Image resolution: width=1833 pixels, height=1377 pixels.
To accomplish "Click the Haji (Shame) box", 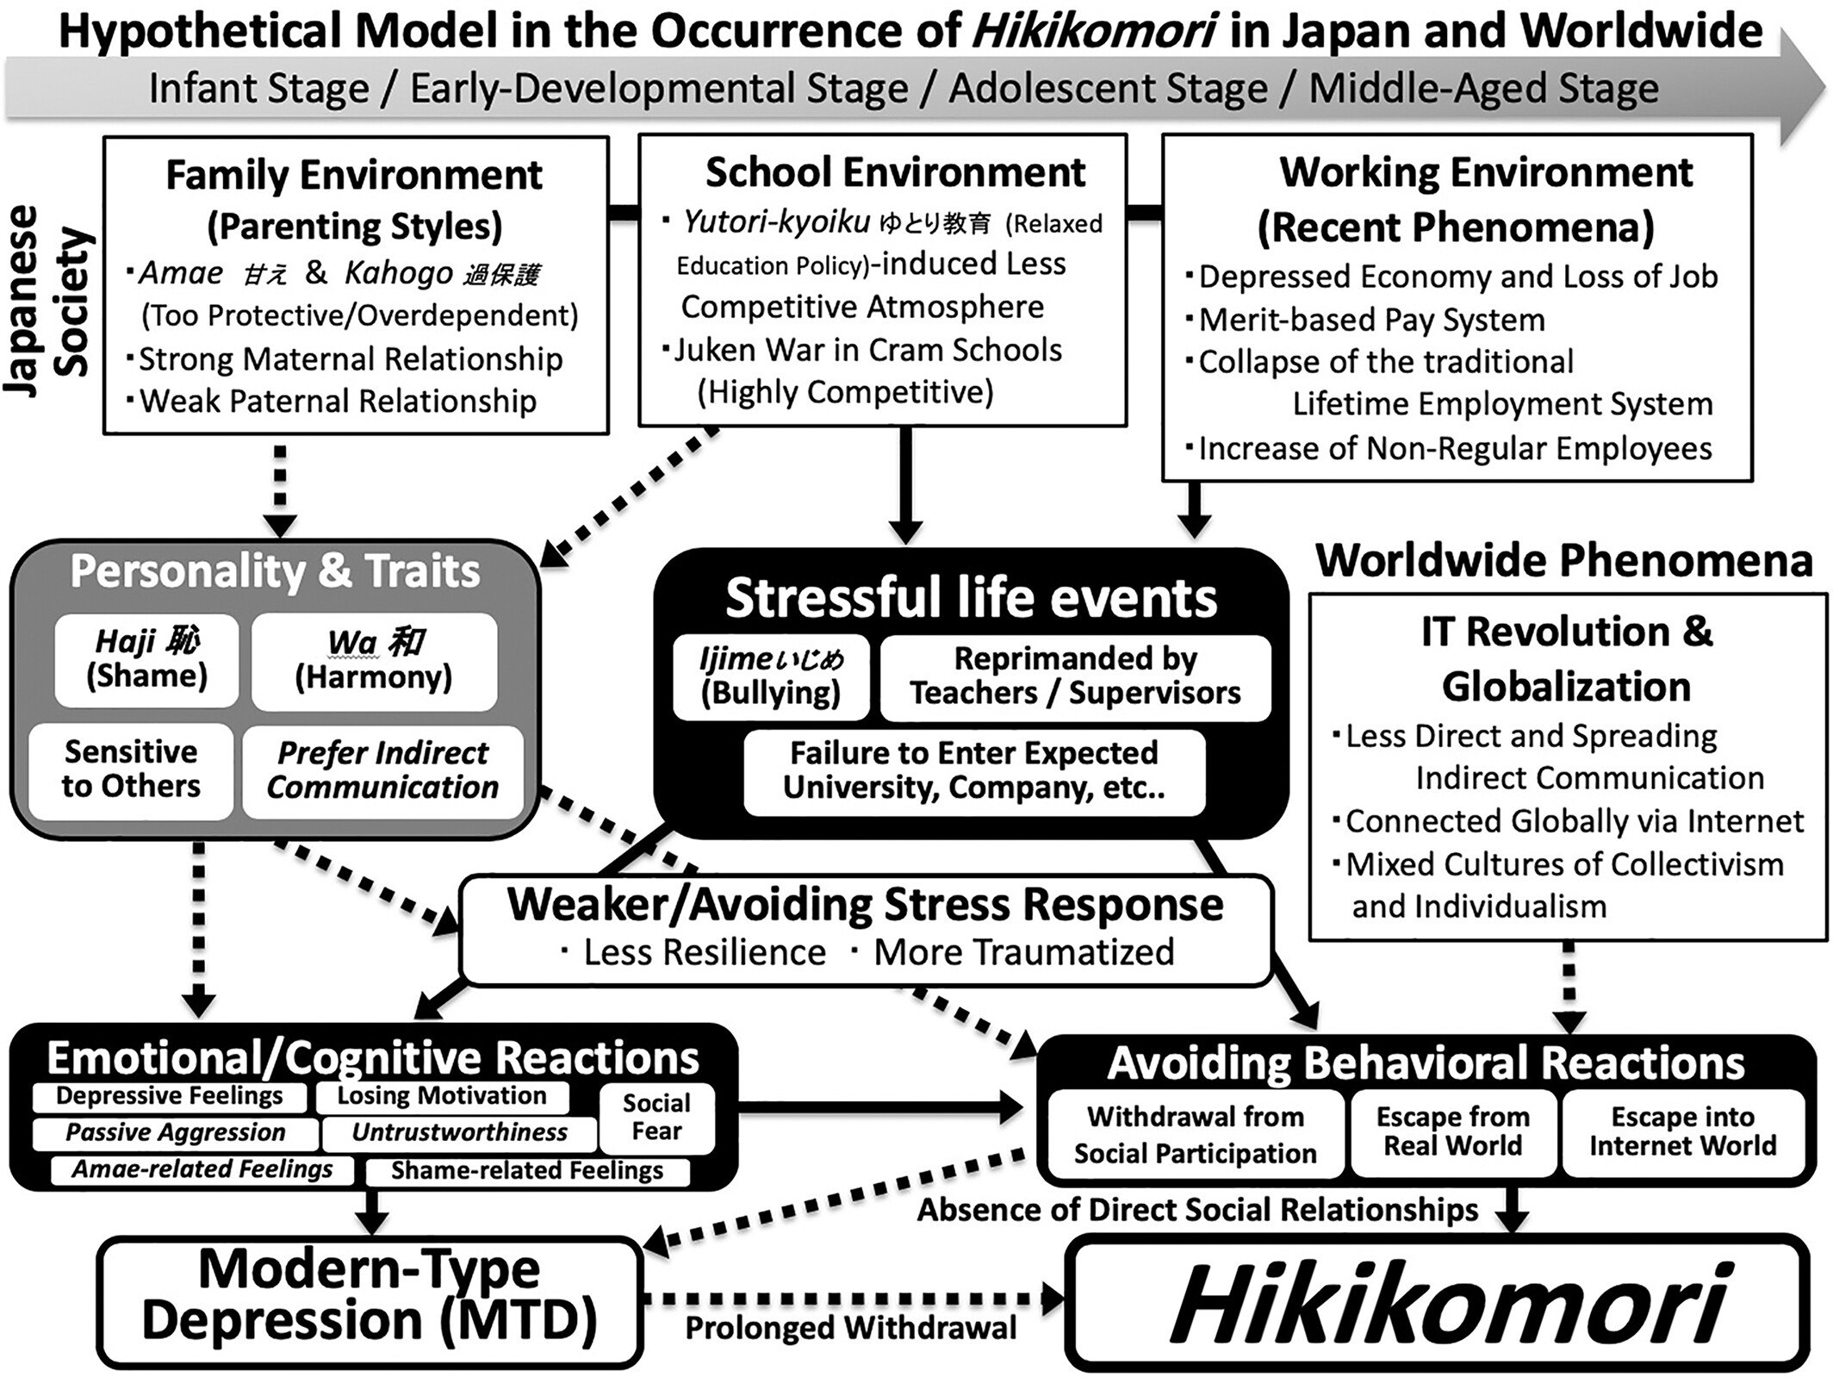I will [x=146, y=660].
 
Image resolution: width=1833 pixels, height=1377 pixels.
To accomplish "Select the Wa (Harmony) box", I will [x=374, y=661].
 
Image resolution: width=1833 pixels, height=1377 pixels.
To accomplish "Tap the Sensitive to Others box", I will [x=131, y=769].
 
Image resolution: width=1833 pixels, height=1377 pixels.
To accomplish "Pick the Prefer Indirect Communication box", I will [x=382, y=770].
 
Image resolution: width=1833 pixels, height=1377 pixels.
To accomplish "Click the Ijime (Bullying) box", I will [x=771, y=677].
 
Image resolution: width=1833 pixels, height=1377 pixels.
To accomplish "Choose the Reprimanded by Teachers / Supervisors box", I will [x=1075, y=677].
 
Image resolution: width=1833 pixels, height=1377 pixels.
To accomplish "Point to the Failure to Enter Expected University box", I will [x=974, y=771].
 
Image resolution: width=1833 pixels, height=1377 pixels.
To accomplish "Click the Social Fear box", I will [x=656, y=1118].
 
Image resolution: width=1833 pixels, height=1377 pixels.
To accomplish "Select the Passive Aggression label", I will [x=175, y=1132].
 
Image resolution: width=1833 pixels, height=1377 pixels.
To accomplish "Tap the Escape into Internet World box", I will [x=1683, y=1131].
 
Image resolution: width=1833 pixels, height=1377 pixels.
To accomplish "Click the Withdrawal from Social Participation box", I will [x=1195, y=1135].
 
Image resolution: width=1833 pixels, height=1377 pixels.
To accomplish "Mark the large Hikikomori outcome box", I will [x=1437, y=1303].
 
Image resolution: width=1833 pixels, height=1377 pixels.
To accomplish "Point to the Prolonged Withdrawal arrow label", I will [x=851, y=1329].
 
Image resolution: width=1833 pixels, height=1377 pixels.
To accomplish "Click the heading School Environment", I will [x=895, y=172].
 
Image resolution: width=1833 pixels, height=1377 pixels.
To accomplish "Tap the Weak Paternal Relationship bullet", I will [x=337, y=402].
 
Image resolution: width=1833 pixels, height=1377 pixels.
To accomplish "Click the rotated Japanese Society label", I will [x=47, y=302].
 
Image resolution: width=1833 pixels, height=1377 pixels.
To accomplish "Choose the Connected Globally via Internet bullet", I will [x=1574, y=821].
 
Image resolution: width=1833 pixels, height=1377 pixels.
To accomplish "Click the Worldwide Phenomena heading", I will [x=1563, y=562].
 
